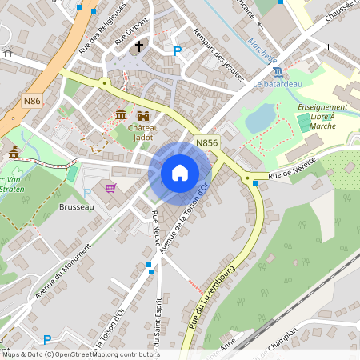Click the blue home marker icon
pyautogui.click(x=180, y=172)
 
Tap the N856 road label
pyautogui.click(x=206, y=143)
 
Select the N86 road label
pyautogui.click(x=32, y=100)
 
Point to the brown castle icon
pyautogui.click(x=145, y=116)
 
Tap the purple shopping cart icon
pyautogui.click(x=110, y=188)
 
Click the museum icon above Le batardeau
pyautogui.click(x=278, y=72)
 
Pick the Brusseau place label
pyautogui.click(x=76, y=206)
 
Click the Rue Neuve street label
pyautogui.click(x=154, y=223)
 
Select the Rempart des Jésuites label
pyautogui.click(x=218, y=54)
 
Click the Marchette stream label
pyautogui.click(x=262, y=50)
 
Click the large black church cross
pyautogui.click(x=139, y=46)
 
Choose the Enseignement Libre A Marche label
pyautogui.click(x=322, y=116)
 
